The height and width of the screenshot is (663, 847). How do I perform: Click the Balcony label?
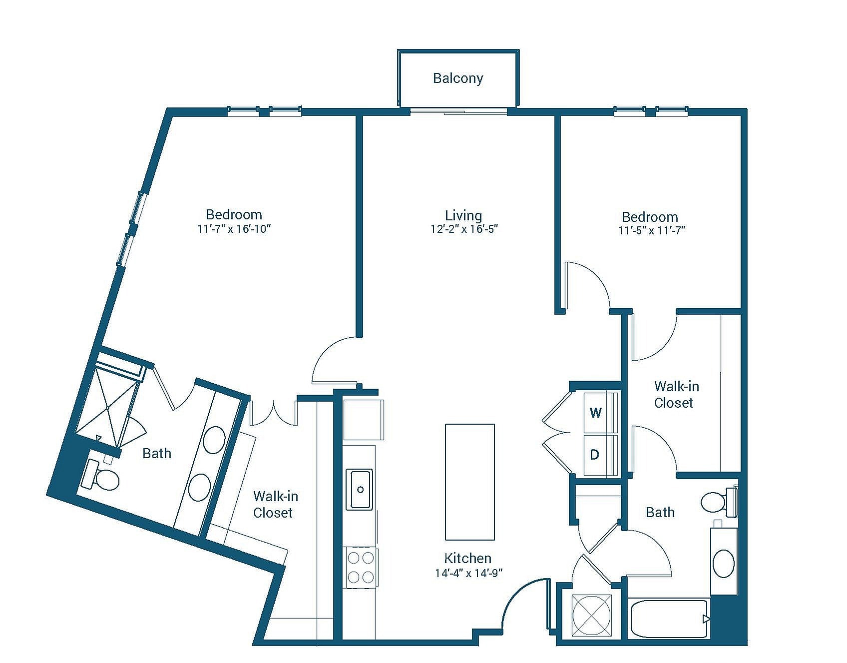458,78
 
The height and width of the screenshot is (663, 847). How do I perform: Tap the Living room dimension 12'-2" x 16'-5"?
464,229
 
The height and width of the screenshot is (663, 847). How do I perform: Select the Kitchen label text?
468,558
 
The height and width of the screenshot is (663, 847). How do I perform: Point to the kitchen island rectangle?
469,482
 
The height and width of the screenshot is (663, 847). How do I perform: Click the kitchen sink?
360,489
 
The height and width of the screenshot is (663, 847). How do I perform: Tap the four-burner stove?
361,568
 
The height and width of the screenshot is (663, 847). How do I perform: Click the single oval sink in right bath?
723,564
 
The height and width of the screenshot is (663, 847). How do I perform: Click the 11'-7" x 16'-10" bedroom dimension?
234,229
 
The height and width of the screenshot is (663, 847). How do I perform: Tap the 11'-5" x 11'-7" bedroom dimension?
651,230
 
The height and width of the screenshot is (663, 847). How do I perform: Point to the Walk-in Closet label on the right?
676,394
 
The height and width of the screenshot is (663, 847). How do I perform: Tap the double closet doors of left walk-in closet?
274,413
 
